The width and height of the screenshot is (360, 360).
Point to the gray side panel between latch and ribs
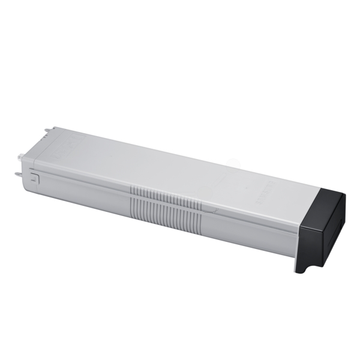[x=84, y=192]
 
